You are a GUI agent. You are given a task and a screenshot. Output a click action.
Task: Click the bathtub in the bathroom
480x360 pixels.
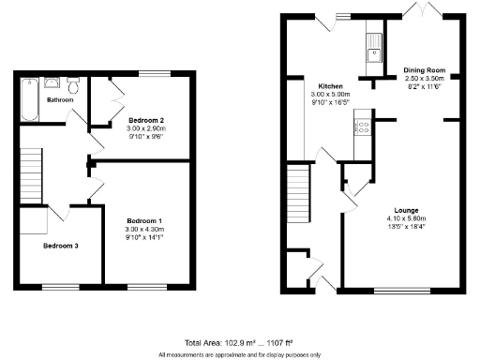click(27, 100)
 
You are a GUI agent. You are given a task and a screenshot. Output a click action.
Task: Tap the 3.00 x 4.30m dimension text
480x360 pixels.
click(144, 230)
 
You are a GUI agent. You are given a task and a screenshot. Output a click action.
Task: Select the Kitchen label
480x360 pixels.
click(330, 85)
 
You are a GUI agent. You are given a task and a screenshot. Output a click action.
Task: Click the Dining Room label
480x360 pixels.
click(424, 70)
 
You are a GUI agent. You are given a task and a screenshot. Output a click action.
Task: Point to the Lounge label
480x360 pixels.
click(406, 210)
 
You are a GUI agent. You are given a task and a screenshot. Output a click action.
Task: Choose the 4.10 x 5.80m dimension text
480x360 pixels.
click(406, 217)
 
